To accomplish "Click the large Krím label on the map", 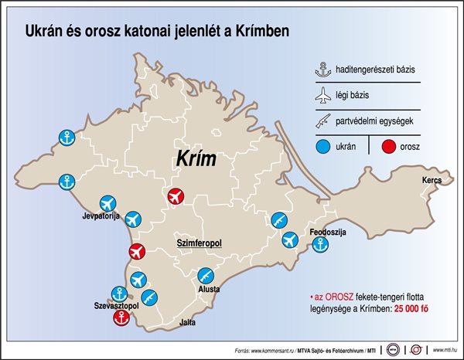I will (x=193, y=160).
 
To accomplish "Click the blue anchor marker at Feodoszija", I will (x=319, y=245).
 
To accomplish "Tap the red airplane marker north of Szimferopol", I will (x=177, y=196).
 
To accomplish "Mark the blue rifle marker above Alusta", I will (x=206, y=275).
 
